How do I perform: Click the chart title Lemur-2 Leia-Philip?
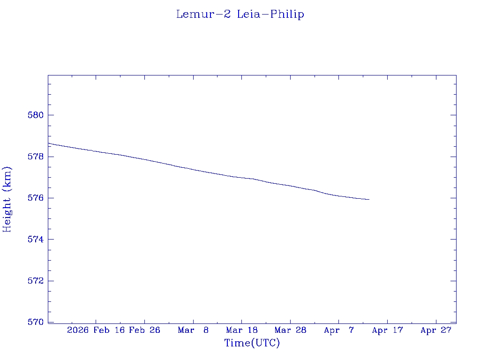point(240,15)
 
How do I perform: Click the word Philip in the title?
point(287,15)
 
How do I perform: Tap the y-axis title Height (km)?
point(7,199)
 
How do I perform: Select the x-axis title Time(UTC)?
point(252,343)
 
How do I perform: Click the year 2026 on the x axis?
point(78,330)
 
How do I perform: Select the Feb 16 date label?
point(108,330)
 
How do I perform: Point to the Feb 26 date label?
point(144,330)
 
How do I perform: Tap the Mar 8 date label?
point(193,330)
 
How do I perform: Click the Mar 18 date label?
point(242,330)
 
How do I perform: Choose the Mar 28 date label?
point(290,330)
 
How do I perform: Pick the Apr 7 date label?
point(339,330)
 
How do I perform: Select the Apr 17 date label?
point(387,330)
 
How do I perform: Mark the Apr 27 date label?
point(436,330)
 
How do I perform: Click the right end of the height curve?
point(369,200)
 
